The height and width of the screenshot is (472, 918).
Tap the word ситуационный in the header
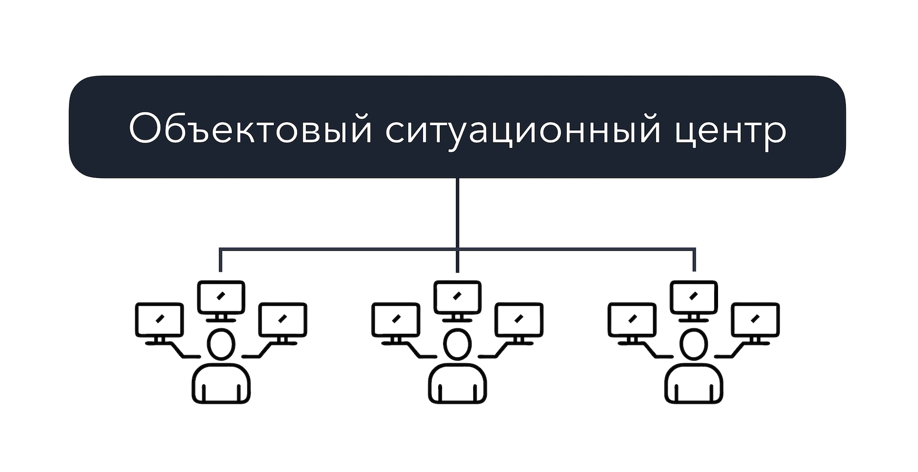pos(523,131)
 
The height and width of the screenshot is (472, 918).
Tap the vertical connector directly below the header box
pos(457,213)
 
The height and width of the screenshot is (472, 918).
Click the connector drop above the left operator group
pos(221,260)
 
